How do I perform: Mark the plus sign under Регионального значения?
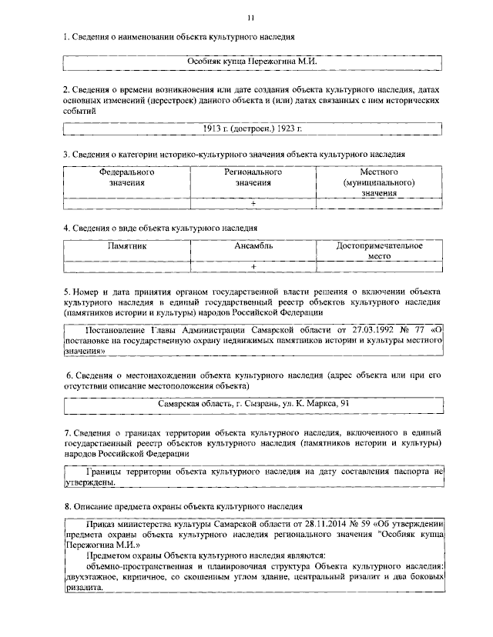pyautogui.click(x=253, y=203)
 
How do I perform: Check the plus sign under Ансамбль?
pyautogui.click(x=253, y=266)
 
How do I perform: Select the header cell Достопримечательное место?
pyautogui.click(x=379, y=252)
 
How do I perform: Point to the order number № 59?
pyautogui.click(x=357, y=525)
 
